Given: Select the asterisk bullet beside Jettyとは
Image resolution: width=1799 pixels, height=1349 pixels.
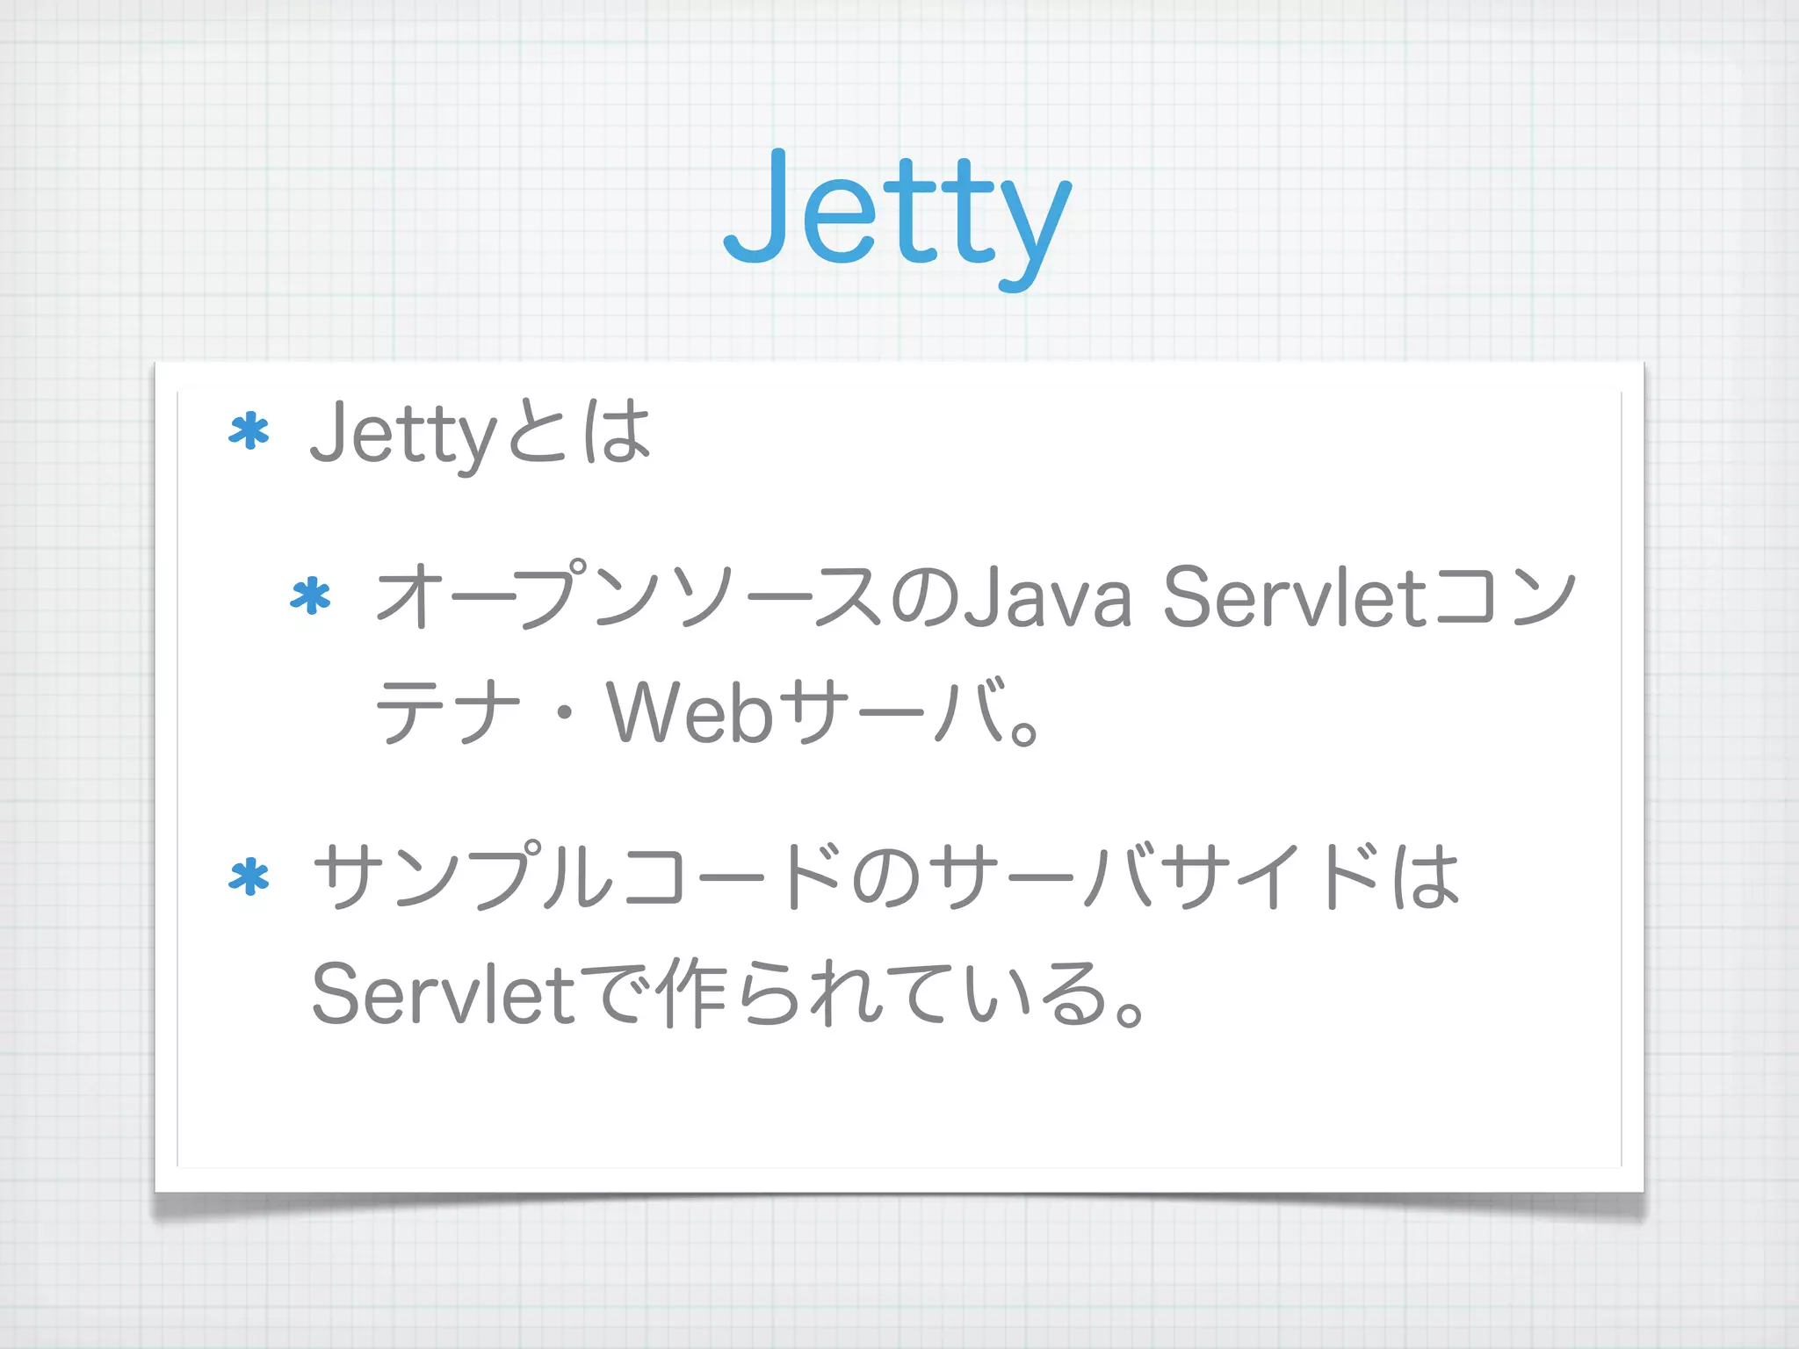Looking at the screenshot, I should [249, 432].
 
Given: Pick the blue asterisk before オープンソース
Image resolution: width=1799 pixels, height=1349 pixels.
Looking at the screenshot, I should [310, 596].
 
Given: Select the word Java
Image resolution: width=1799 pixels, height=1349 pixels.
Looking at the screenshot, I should [1047, 596].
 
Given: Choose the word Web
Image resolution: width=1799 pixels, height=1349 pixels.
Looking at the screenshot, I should [690, 711].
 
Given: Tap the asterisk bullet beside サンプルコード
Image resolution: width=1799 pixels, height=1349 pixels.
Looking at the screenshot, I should [249, 876].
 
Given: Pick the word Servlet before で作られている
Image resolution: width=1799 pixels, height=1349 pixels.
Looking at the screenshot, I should [444, 993].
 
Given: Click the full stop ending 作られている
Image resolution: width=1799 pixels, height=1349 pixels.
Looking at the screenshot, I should [1130, 1013].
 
